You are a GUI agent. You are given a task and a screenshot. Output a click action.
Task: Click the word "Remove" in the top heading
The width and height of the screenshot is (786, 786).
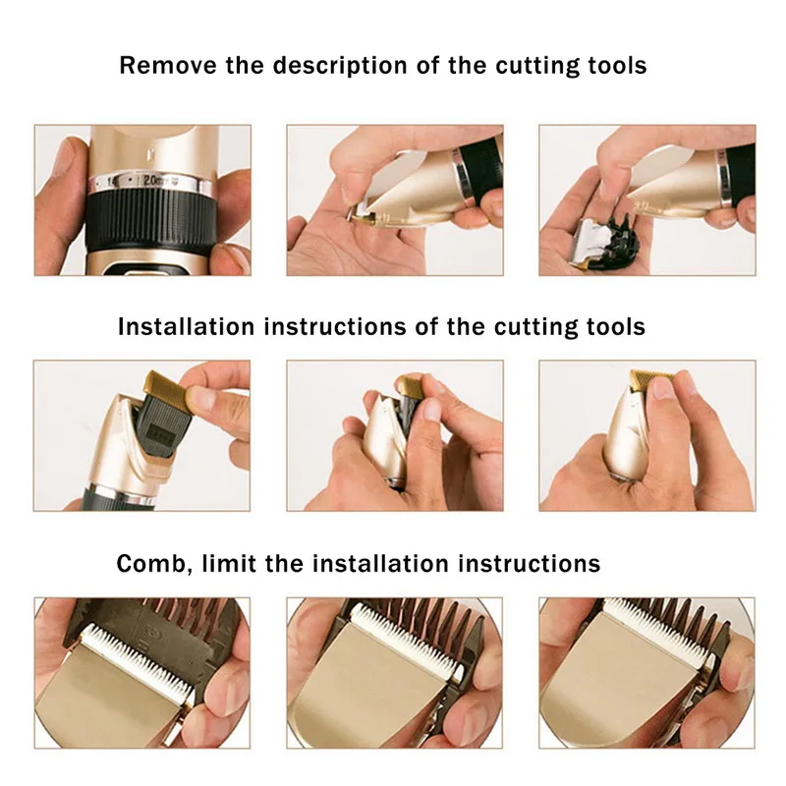click(168, 66)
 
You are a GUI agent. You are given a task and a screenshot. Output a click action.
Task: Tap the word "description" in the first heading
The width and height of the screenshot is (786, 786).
click(340, 67)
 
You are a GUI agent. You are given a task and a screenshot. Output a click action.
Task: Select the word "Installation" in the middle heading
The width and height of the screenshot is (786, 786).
click(186, 327)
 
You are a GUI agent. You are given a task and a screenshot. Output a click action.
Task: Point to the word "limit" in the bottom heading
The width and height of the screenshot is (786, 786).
click(229, 563)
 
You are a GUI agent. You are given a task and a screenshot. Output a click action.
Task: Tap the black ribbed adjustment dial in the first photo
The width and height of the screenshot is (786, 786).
click(152, 222)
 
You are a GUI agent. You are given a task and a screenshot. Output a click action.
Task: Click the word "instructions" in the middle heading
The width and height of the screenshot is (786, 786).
click(335, 327)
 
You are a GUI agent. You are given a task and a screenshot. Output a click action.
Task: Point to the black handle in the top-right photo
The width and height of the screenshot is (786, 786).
click(741, 173)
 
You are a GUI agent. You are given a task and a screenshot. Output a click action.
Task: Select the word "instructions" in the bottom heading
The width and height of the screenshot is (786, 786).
click(529, 564)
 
